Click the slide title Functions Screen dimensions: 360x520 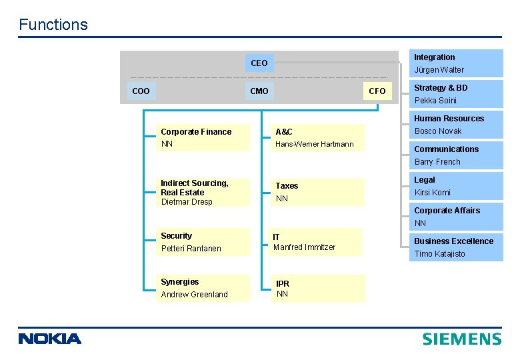click(x=53, y=25)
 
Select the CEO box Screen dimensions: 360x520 click(x=259, y=63)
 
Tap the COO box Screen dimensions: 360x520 click(x=141, y=91)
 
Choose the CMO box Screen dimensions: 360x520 click(x=259, y=91)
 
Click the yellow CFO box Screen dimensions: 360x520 click(x=377, y=91)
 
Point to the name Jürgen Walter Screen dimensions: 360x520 click(x=439, y=70)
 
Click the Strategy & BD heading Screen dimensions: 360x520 click(x=441, y=88)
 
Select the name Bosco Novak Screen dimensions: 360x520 click(x=438, y=131)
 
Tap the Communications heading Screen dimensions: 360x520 click(x=446, y=149)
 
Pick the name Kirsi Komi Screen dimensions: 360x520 click(x=432, y=193)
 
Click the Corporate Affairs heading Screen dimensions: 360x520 click(x=447, y=211)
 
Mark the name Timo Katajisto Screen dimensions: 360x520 click(x=439, y=254)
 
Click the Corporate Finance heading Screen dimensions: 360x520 click(x=196, y=132)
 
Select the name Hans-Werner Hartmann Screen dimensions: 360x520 click(x=315, y=144)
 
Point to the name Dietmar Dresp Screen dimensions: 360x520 click(x=186, y=202)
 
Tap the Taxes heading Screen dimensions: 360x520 click(x=287, y=186)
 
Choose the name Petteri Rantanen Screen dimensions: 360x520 click(x=191, y=249)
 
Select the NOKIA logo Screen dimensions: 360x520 click(x=50, y=339)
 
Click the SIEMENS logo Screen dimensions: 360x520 click(x=461, y=339)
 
